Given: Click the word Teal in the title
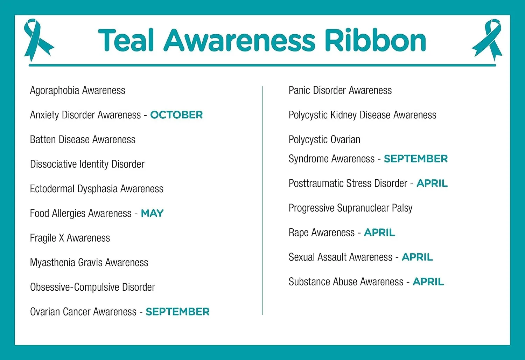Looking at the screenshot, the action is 126,40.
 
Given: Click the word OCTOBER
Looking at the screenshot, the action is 176,115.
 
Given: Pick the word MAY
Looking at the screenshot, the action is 152,213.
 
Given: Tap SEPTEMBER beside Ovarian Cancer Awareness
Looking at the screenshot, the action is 177,312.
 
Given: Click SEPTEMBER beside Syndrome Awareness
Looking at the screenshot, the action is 416,159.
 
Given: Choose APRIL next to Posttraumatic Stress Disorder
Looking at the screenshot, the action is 432,184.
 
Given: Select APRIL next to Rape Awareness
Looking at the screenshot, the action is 379,233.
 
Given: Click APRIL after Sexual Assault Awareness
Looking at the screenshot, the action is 417,257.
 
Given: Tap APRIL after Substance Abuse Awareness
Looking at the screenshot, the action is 428,282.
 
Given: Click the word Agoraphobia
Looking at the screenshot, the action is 55,91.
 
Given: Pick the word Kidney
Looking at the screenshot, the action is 343,115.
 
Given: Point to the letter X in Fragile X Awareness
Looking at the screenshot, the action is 61,238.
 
